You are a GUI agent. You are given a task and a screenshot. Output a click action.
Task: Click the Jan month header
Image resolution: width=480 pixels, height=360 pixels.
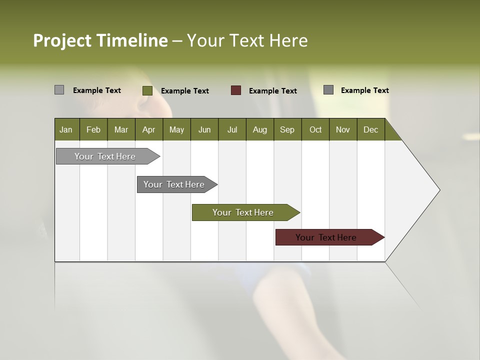tap(66, 129)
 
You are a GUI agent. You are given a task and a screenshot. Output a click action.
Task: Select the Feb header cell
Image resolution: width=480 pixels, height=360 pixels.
tap(93, 129)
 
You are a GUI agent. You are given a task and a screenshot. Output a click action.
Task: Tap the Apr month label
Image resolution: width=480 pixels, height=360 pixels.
tap(148, 129)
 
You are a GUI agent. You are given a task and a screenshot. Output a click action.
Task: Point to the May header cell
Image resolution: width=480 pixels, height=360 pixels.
tap(176, 129)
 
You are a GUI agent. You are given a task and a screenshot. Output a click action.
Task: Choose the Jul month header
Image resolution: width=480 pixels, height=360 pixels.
tap(232, 129)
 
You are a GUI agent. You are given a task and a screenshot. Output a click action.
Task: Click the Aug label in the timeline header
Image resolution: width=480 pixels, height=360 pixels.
tap(259, 129)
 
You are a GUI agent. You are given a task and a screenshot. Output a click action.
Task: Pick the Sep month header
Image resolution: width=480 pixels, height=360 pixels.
tap(287, 129)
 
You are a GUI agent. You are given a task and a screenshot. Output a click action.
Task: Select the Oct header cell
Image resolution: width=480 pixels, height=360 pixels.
tap(315, 129)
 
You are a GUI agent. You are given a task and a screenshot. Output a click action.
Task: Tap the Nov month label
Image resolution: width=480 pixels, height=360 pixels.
tap(342, 129)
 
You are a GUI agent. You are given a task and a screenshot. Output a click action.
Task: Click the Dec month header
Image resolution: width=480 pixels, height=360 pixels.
tap(370, 129)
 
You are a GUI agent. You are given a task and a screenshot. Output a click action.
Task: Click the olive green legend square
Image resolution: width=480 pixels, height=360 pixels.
tap(147, 90)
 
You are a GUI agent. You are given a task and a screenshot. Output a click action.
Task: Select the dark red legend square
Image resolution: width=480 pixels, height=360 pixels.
tap(236, 90)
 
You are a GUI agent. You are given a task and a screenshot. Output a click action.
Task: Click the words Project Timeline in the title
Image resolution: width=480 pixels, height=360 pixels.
tap(100, 40)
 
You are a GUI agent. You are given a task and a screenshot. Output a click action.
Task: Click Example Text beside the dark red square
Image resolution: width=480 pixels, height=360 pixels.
tap(272, 91)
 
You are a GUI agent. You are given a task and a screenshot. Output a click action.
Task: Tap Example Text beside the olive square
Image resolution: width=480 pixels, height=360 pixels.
tap(184, 91)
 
